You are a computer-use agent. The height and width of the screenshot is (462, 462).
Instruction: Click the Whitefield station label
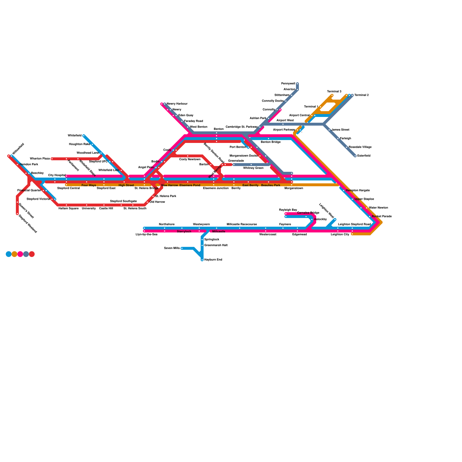(x=74, y=136)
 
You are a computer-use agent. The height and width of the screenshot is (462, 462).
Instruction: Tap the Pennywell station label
(x=288, y=84)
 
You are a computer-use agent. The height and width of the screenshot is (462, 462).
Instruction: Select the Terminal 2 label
(x=362, y=95)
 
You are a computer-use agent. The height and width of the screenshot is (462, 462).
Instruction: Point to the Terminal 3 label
(x=334, y=92)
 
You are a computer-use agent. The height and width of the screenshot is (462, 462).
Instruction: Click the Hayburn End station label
(x=213, y=260)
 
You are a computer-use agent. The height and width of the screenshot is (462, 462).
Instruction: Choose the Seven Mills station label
(x=172, y=248)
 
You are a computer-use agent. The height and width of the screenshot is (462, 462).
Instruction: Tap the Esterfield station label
(x=364, y=156)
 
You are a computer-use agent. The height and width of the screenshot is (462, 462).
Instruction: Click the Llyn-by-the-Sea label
(x=146, y=234)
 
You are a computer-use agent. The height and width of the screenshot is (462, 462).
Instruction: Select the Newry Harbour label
(x=177, y=104)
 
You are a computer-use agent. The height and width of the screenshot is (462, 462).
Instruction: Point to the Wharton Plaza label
(x=40, y=159)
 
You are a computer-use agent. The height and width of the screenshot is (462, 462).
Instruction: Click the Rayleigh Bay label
(x=288, y=210)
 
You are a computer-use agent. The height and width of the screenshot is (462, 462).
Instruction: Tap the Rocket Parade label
(x=382, y=217)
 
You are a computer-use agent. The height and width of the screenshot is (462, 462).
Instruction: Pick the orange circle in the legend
(x=14, y=254)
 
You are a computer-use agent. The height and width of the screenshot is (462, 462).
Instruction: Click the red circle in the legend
(x=32, y=254)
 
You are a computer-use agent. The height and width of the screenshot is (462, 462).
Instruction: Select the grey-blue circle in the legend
(x=26, y=254)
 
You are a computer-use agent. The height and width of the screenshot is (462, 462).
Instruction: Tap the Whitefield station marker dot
(x=84, y=136)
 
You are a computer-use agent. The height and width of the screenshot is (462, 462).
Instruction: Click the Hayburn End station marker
(x=202, y=260)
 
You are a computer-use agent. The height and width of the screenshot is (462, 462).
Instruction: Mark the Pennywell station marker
(x=297, y=84)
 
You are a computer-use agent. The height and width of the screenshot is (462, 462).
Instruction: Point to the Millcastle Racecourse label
(x=242, y=224)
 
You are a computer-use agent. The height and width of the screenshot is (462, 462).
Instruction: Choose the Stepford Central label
(x=68, y=188)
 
